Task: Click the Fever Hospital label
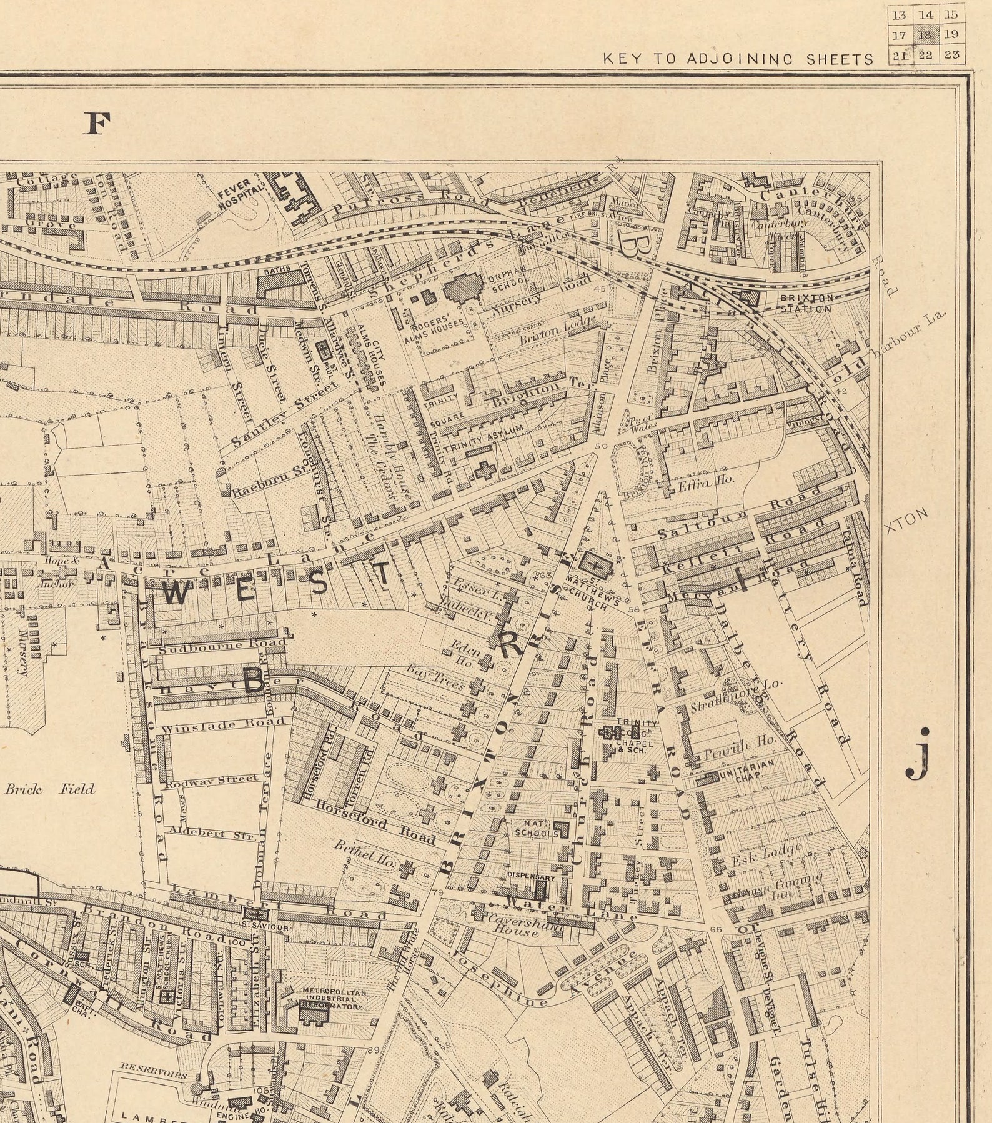pyautogui.click(x=236, y=194)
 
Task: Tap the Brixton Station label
pyautogui.click(x=806, y=304)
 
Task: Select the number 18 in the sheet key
pyautogui.click(x=926, y=34)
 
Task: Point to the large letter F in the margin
pyautogui.click(x=97, y=124)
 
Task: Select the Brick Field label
pyautogui.click(x=50, y=789)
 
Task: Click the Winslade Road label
pyautogui.click(x=222, y=724)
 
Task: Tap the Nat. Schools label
pyautogui.click(x=536, y=829)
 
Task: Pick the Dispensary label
pyautogui.click(x=530, y=876)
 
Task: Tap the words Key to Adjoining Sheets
pyautogui.click(x=738, y=59)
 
